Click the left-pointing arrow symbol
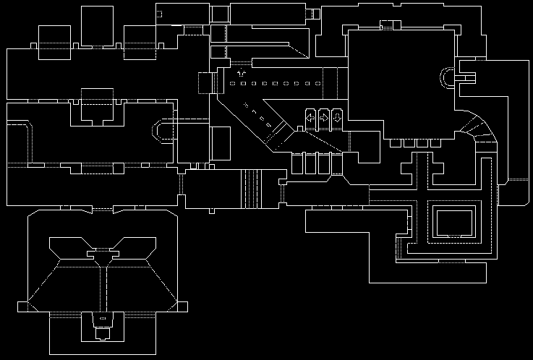[310, 117]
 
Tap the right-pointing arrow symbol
[324, 117]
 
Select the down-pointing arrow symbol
[337, 117]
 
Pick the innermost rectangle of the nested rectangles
[453, 220]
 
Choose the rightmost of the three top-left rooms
[140, 40]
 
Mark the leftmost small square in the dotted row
[232, 85]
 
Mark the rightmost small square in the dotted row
[318, 85]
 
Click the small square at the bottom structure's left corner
[23, 307]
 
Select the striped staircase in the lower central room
[252, 188]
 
